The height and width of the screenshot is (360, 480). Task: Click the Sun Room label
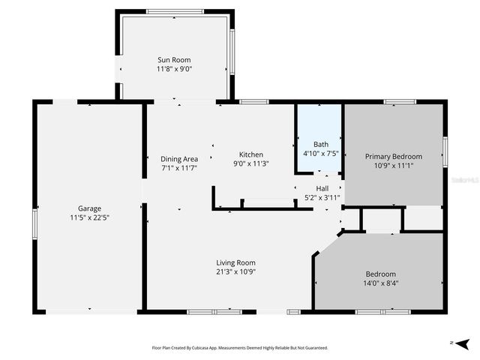pyautogui.click(x=174, y=60)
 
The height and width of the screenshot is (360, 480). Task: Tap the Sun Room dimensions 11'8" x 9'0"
pyautogui.click(x=174, y=69)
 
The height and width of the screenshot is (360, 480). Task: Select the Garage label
pyautogui.click(x=89, y=208)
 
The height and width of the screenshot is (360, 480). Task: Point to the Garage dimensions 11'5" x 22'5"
pyautogui.click(x=89, y=217)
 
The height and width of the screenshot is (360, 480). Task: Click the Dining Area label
pyautogui.click(x=179, y=158)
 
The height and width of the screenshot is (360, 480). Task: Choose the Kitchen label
pyautogui.click(x=250, y=154)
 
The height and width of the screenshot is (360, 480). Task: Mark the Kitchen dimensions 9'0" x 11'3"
pyautogui.click(x=250, y=163)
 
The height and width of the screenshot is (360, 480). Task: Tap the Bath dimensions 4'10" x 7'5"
pyautogui.click(x=321, y=153)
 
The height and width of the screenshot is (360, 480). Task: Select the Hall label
pyautogui.click(x=322, y=188)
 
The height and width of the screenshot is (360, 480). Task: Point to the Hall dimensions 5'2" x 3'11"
pyautogui.click(x=322, y=198)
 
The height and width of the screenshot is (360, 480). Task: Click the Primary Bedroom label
pyautogui.click(x=394, y=156)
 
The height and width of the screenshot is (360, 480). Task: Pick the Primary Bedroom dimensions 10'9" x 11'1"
pyautogui.click(x=394, y=166)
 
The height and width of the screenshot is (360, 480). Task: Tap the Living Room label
pyautogui.click(x=235, y=262)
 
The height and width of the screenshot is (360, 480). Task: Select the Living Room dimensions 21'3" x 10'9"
pyautogui.click(x=235, y=272)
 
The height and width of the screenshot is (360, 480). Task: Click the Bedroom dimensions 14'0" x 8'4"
pyautogui.click(x=381, y=283)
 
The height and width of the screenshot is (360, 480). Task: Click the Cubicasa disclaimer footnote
pyautogui.click(x=240, y=348)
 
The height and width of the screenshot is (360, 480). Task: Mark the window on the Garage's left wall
pyautogui.click(x=34, y=223)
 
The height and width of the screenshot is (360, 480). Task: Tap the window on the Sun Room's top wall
pyautogui.click(x=175, y=11)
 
